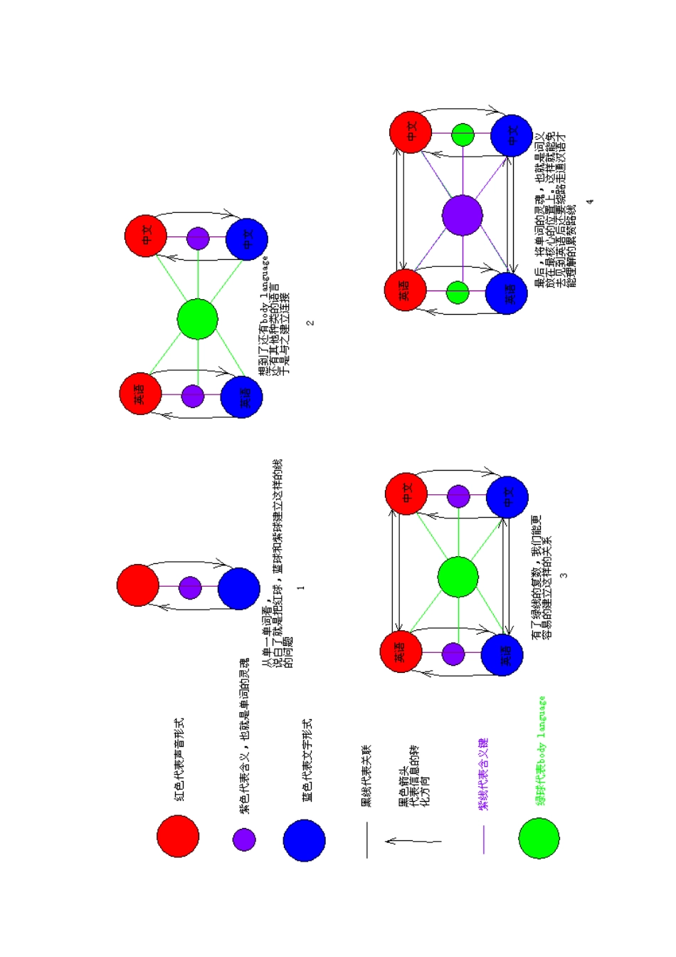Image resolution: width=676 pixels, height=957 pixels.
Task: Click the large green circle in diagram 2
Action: pyautogui.click(x=197, y=318)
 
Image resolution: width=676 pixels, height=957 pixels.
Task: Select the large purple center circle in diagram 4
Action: pyautogui.click(x=463, y=215)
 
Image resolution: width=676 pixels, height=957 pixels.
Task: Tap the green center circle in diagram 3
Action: pyautogui.click(x=458, y=577)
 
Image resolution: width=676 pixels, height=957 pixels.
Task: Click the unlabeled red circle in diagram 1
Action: pyautogui.click(x=138, y=585)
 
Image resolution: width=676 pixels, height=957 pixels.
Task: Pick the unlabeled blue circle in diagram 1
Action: pyautogui.click(x=239, y=589)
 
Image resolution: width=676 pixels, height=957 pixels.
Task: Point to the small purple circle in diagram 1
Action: pyautogui.click(x=190, y=587)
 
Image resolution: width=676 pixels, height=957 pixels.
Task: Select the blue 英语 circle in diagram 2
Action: pyautogui.click(x=242, y=397)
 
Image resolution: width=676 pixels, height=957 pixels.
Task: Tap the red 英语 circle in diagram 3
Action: pyautogui.click(x=401, y=652)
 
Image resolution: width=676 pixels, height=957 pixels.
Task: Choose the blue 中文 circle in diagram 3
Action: pyautogui.click(x=507, y=497)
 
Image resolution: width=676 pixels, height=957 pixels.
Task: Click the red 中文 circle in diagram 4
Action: pyautogui.click(x=411, y=132)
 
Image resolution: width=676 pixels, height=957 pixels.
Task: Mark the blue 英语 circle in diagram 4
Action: pyautogui.click(x=507, y=294)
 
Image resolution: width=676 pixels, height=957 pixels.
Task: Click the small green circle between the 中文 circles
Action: pyautogui.click(x=463, y=135)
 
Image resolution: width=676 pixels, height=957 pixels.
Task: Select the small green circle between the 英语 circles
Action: pyautogui.click(x=458, y=292)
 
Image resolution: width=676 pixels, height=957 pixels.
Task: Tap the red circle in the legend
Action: pyautogui.click(x=178, y=836)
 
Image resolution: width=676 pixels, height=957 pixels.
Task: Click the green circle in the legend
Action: pyautogui.click(x=539, y=838)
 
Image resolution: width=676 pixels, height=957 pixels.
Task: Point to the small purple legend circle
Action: pyautogui.click(x=244, y=839)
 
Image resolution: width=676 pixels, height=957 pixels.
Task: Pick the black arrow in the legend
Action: pyautogui.click(x=413, y=841)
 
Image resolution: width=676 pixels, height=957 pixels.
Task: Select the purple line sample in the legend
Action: pyautogui.click(x=484, y=840)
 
